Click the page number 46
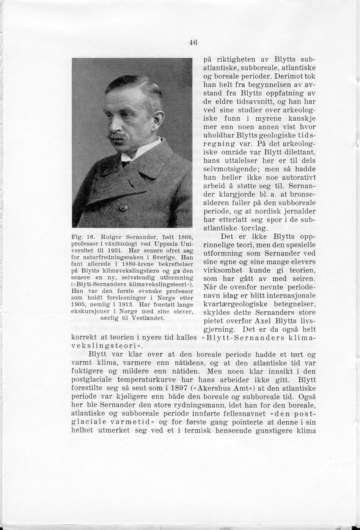coord(193,43)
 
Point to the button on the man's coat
coord(123,208)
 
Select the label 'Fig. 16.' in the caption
coord(80,237)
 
